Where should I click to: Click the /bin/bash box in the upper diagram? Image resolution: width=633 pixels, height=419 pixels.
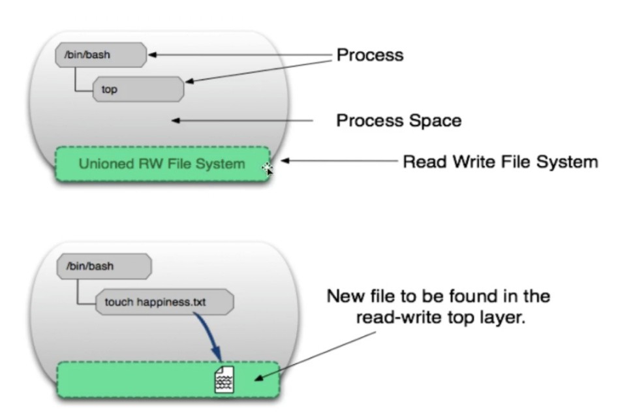point(101,55)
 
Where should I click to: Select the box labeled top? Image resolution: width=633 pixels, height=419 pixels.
point(138,89)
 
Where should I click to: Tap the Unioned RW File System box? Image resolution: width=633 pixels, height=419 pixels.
point(162,164)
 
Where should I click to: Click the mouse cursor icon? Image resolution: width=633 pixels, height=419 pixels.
point(268,169)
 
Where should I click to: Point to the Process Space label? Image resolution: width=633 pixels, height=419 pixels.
point(399,121)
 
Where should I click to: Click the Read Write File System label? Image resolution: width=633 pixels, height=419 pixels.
point(501,162)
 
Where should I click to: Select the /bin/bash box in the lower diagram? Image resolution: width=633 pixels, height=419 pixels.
point(104,266)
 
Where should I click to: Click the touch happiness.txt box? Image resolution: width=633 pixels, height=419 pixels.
point(164,302)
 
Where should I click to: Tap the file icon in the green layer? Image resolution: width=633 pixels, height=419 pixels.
point(224,379)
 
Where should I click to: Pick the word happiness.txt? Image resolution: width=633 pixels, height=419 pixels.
point(171,302)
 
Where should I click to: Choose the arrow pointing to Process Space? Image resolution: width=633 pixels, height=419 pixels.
point(242,120)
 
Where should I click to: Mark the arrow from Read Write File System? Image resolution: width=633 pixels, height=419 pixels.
point(339,161)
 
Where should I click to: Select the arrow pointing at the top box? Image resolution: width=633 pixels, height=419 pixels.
point(258,71)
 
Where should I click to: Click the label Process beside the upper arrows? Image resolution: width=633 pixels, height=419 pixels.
point(370,55)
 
